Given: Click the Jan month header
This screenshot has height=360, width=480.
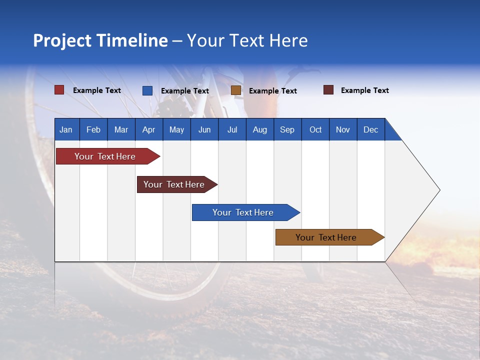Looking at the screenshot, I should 66,129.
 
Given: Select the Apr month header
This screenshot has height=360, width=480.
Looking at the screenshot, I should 148,129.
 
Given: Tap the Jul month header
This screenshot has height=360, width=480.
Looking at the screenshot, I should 232,129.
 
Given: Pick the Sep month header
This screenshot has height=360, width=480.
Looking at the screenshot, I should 287,129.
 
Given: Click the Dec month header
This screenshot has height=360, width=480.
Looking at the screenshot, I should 370,129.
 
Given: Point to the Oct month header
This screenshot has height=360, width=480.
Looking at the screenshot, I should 315,129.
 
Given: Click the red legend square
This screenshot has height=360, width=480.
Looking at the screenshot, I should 59,90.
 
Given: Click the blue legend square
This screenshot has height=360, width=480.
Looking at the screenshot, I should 147,90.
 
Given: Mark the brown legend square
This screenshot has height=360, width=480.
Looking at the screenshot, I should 236,90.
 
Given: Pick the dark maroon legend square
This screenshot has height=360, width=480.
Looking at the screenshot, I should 328,90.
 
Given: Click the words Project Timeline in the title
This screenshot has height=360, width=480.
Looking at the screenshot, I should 100,40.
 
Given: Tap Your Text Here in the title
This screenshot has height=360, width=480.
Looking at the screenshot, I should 247,40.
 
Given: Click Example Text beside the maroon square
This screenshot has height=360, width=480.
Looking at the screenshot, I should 364,90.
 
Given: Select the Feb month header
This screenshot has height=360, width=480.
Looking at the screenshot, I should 93,129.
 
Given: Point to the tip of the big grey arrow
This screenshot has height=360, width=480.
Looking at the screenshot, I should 439,190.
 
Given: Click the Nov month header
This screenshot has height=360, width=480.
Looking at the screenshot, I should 343,129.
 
